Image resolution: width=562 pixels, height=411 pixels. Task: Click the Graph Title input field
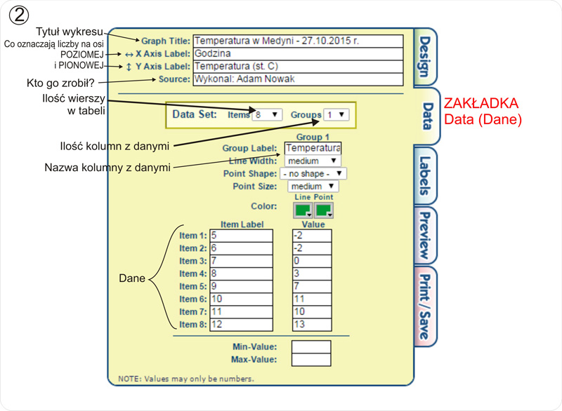pos(298,41)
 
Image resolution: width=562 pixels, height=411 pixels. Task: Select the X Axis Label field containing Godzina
pos(298,53)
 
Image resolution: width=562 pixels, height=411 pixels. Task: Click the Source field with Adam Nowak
pos(298,79)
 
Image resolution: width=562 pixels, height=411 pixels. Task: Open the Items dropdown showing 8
pos(267,114)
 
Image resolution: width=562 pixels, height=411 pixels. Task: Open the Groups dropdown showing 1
pos(336,114)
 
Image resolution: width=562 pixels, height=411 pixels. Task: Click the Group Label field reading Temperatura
pos(313,148)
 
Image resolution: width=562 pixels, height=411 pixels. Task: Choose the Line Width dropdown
pos(313,161)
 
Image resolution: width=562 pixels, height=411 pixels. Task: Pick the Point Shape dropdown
pos(313,173)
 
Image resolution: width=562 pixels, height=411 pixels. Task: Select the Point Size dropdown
pos(313,187)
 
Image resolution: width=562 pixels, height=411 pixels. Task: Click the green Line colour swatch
pos(303,210)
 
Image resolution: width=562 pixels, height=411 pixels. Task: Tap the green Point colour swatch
pos(324,210)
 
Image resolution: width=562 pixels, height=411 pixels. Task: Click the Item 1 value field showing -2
pos(311,236)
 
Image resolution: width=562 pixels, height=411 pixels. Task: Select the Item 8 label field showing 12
pos(241,324)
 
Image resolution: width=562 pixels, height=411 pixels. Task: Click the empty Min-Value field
pos(311,346)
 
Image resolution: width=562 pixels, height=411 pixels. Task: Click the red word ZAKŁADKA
pos(482,104)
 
